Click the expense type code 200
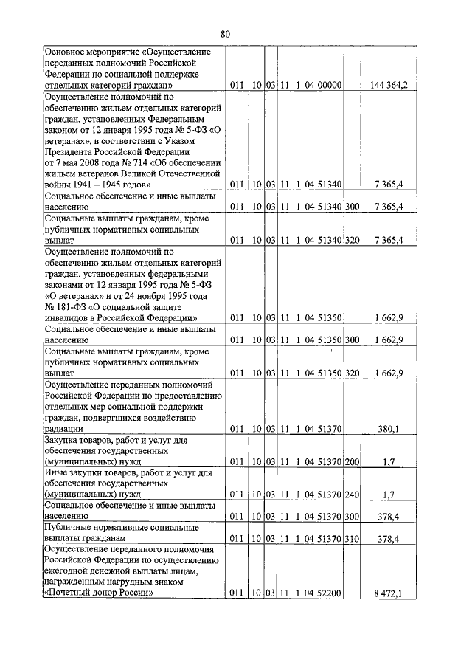point(352,462)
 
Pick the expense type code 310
point(352,539)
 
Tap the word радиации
point(62,428)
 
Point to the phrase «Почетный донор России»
point(98,593)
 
